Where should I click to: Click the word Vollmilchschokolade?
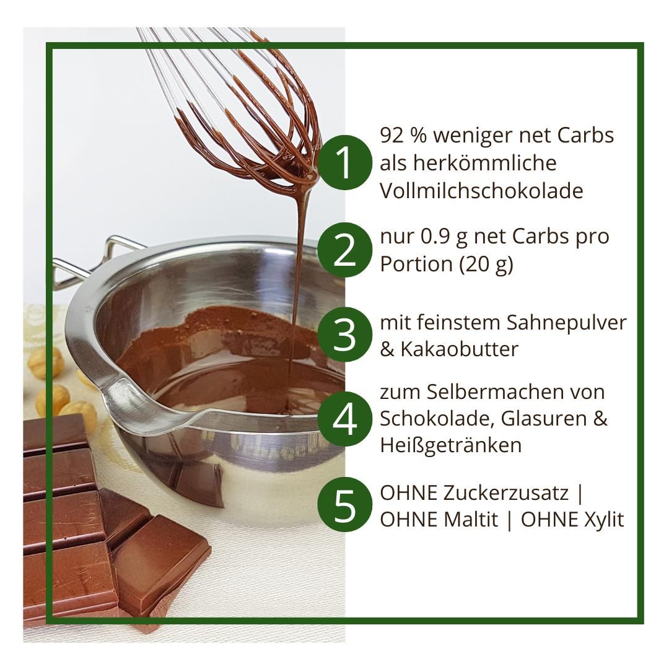click(481, 191)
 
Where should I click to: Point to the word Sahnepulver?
click(566, 323)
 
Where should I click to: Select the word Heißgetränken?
click(450, 445)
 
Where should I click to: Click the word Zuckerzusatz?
click(505, 493)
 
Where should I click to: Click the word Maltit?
click(471, 520)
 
